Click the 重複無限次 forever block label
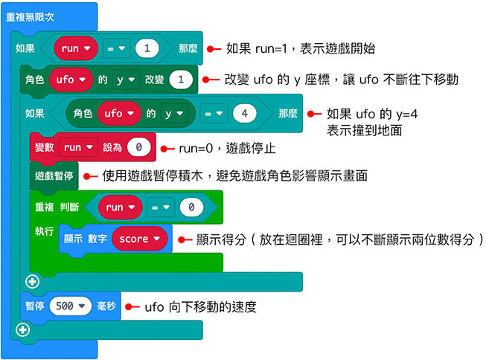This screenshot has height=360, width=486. point(30,16)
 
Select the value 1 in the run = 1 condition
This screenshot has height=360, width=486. point(147,48)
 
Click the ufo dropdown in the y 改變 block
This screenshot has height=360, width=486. point(71,79)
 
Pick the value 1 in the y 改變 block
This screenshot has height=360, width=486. point(180,79)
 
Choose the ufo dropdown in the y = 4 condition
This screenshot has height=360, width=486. point(118,114)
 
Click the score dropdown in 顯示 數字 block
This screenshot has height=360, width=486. point(139,239)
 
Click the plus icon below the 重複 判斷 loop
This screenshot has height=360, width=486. point(31,281)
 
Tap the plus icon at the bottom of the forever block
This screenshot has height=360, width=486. point(22,329)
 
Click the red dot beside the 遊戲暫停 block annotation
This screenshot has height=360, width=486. point(86,176)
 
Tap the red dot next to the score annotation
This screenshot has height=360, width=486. point(182,239)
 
